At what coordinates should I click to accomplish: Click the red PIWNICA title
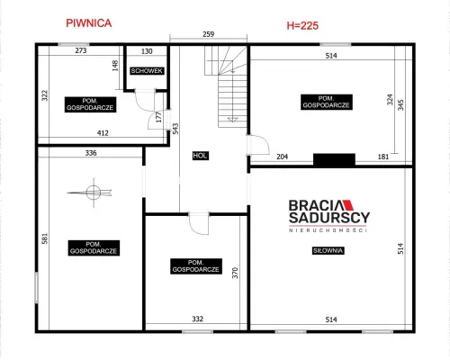pyautogui.click(x=89, y=23)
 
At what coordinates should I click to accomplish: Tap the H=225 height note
pyautogui.click(x=302, y=26)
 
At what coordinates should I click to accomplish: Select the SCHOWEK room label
pyautogui.click(x=147, y=71)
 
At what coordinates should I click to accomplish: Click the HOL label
pyautogui.click(x=201, y=156)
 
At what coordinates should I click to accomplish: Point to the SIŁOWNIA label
pyautogui.click(x=328, y=250)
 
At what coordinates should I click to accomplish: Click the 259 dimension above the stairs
pyautogui.click(x=208, y=34)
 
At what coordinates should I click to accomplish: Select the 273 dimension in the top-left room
pyautogui.click(x=81, y=50)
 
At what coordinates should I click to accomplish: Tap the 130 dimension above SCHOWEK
pyautogui.click(x=147, y=51)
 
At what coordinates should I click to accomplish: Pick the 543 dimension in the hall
pyautogui.click(x=175, y=129)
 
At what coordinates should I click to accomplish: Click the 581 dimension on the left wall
pyautogui.click(x=45, y=238)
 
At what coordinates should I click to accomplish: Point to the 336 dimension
pyautogui.click(x=91, y=153)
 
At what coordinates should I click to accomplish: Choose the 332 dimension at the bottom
pyautogui.click(x=198, y=319)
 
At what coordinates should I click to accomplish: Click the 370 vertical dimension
pyautogui.click(x=235, y=273)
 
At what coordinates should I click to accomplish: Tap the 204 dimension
pyautogui.click(x=282, y=157)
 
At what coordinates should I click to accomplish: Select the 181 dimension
pyautogui.click(x=383, y=157)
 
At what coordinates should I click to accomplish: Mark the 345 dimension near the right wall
pyautogui.click(x=400, y=104)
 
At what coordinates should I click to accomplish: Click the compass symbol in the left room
pyautogui.click(x=94, y=193)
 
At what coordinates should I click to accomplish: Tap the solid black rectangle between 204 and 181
pyautogui.click(x=334, y=159)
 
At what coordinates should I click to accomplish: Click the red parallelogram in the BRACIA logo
pyautogui.click(x=348, y=204)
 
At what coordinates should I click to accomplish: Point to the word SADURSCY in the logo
pyautogui.click(x=329, y=218)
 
